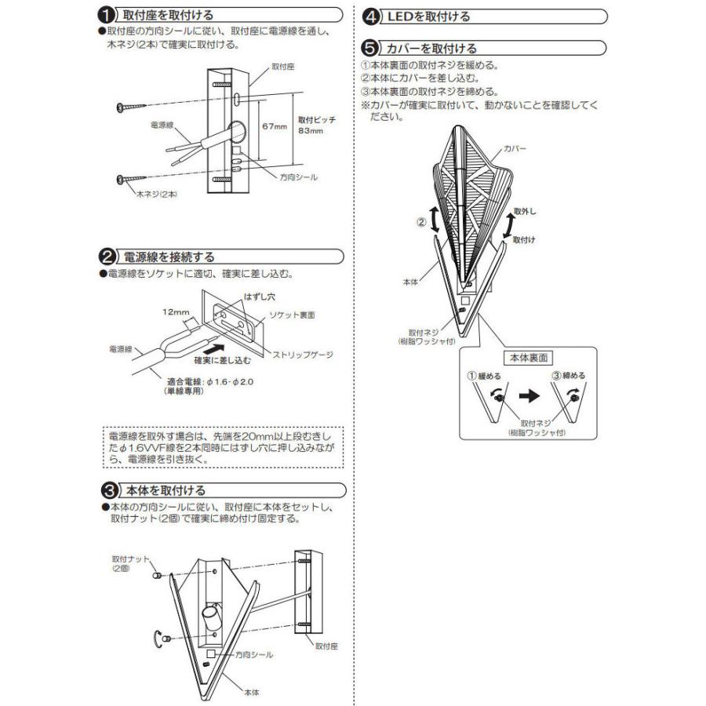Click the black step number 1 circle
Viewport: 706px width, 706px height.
[x=106, y=16]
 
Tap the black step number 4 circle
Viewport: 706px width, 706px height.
[x=371, y=17]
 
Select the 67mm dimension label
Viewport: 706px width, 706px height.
[x=275, y=126]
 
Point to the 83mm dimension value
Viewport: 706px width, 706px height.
[x=311, y=131]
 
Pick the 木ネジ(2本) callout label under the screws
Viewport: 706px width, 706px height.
[x=157, y=195]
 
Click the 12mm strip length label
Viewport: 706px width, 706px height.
[x=176, y=312]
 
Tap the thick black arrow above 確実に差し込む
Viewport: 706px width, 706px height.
[x=214, y=348]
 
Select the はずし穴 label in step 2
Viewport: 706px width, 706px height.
[x=260, y=297]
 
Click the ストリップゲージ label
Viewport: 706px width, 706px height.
[x=303, y=355]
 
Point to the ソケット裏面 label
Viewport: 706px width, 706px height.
[x=292, y=315]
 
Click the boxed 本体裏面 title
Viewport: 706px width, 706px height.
[x=529, y=358]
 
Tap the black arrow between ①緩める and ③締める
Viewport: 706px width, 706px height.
[x=529, y=396]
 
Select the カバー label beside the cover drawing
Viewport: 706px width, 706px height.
[x=515, y=148]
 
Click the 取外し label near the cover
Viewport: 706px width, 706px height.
[x=525, y=211]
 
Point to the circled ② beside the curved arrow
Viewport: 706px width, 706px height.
[x=421, y=222]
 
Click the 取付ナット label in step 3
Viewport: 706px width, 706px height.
[x=130, y=559]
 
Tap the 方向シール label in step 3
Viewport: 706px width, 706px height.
[x=254, y=654]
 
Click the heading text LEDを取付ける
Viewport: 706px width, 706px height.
[x=428, y=17]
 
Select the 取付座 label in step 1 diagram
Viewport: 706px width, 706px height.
[x=282, y=67]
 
